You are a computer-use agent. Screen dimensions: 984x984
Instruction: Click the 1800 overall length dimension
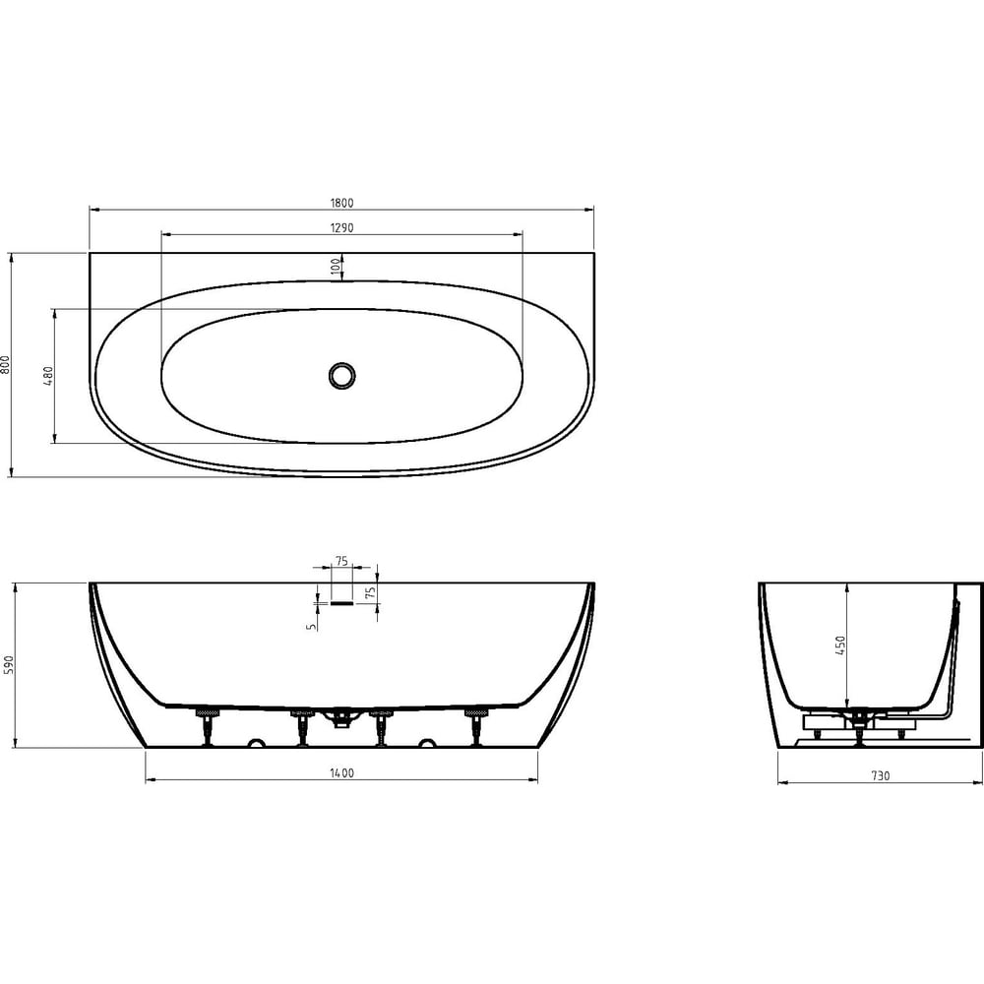tap(341, 203)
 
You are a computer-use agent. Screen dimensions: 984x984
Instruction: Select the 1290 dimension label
tap(341, 228)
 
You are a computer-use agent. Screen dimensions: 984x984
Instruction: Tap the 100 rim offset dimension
tap(336, 267)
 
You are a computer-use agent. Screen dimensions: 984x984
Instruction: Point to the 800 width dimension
tap(6, 365)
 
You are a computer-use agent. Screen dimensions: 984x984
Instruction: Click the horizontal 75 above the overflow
tap(341, 561)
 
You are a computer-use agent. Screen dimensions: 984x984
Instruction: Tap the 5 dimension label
tap(312, 626)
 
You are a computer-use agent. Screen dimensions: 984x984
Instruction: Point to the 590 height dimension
tap(8, 665)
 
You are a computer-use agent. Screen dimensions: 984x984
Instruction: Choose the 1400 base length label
tap(342, 773)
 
